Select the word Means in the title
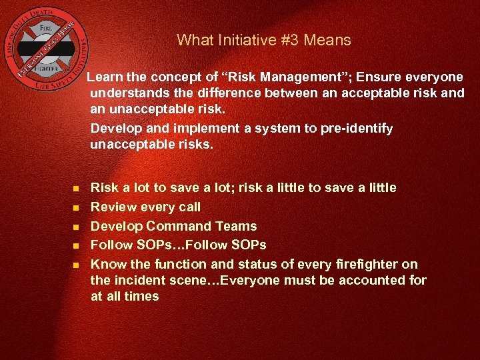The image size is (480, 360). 327,40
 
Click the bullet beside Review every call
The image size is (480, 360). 76,207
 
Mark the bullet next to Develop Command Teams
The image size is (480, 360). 76,227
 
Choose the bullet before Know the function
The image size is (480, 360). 76,265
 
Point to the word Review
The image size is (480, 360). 111,207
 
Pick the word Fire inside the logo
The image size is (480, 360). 46,29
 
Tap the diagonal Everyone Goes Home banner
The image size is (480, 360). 51,55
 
